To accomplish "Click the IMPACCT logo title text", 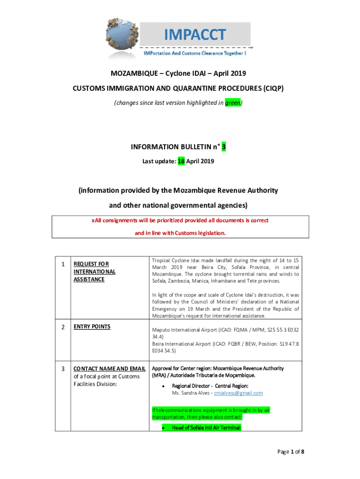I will click(194, 34).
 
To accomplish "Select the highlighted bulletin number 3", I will click(224, 147).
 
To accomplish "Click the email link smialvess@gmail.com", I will click(238, 393).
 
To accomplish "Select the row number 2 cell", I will click(63, 327).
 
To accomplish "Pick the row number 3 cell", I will click(63, 369).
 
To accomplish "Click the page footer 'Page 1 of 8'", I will click(290, 451).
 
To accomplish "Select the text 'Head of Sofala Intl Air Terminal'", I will click(206, 428).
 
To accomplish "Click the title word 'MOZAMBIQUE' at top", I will click(131, 73).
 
